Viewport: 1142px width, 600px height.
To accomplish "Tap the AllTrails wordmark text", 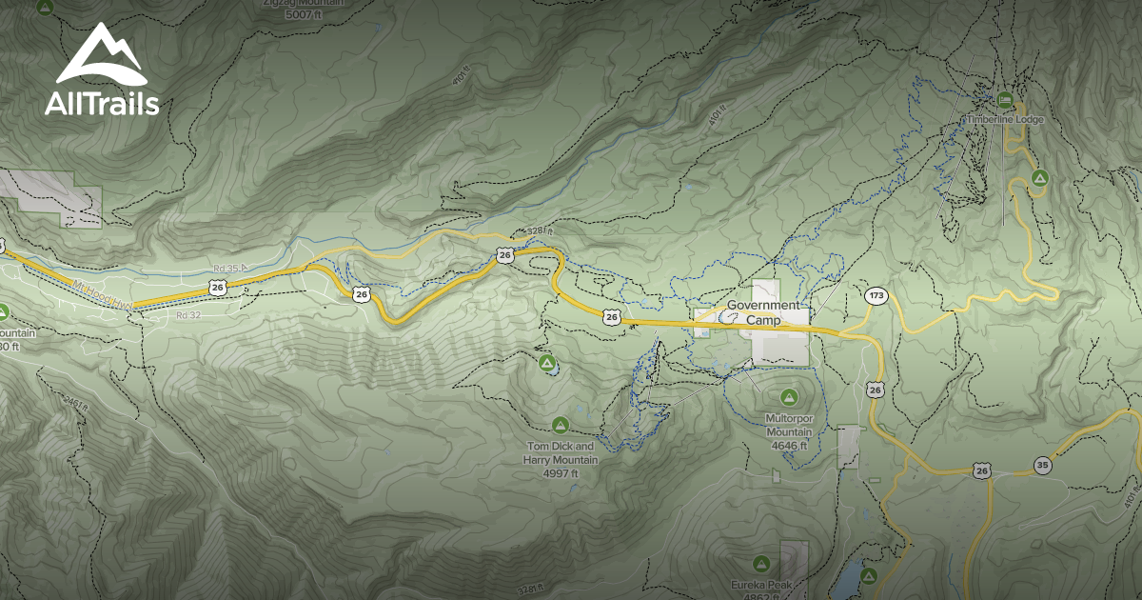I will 102,104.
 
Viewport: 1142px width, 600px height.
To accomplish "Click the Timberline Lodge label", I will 1005,120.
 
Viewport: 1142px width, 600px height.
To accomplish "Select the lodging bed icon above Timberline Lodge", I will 1004,99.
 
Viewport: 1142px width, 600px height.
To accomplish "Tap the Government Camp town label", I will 763,313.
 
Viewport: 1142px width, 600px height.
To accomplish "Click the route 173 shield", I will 876,296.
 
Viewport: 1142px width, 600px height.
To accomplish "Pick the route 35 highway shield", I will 1044,465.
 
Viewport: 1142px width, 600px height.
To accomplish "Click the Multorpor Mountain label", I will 789,425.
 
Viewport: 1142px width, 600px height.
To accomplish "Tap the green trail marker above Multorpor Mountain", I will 788,396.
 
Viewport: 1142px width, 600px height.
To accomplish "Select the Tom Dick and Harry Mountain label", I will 561,452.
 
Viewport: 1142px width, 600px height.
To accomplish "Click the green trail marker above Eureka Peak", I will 760,564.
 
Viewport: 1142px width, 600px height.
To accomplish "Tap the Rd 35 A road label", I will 229,269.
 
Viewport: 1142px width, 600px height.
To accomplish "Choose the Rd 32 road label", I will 188,314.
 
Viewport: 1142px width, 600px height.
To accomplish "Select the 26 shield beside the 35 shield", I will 981,470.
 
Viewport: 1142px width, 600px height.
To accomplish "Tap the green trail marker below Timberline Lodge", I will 1039,177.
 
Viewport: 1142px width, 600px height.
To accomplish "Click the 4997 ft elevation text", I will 561,473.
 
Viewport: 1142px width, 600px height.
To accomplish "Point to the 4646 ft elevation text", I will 789,445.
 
